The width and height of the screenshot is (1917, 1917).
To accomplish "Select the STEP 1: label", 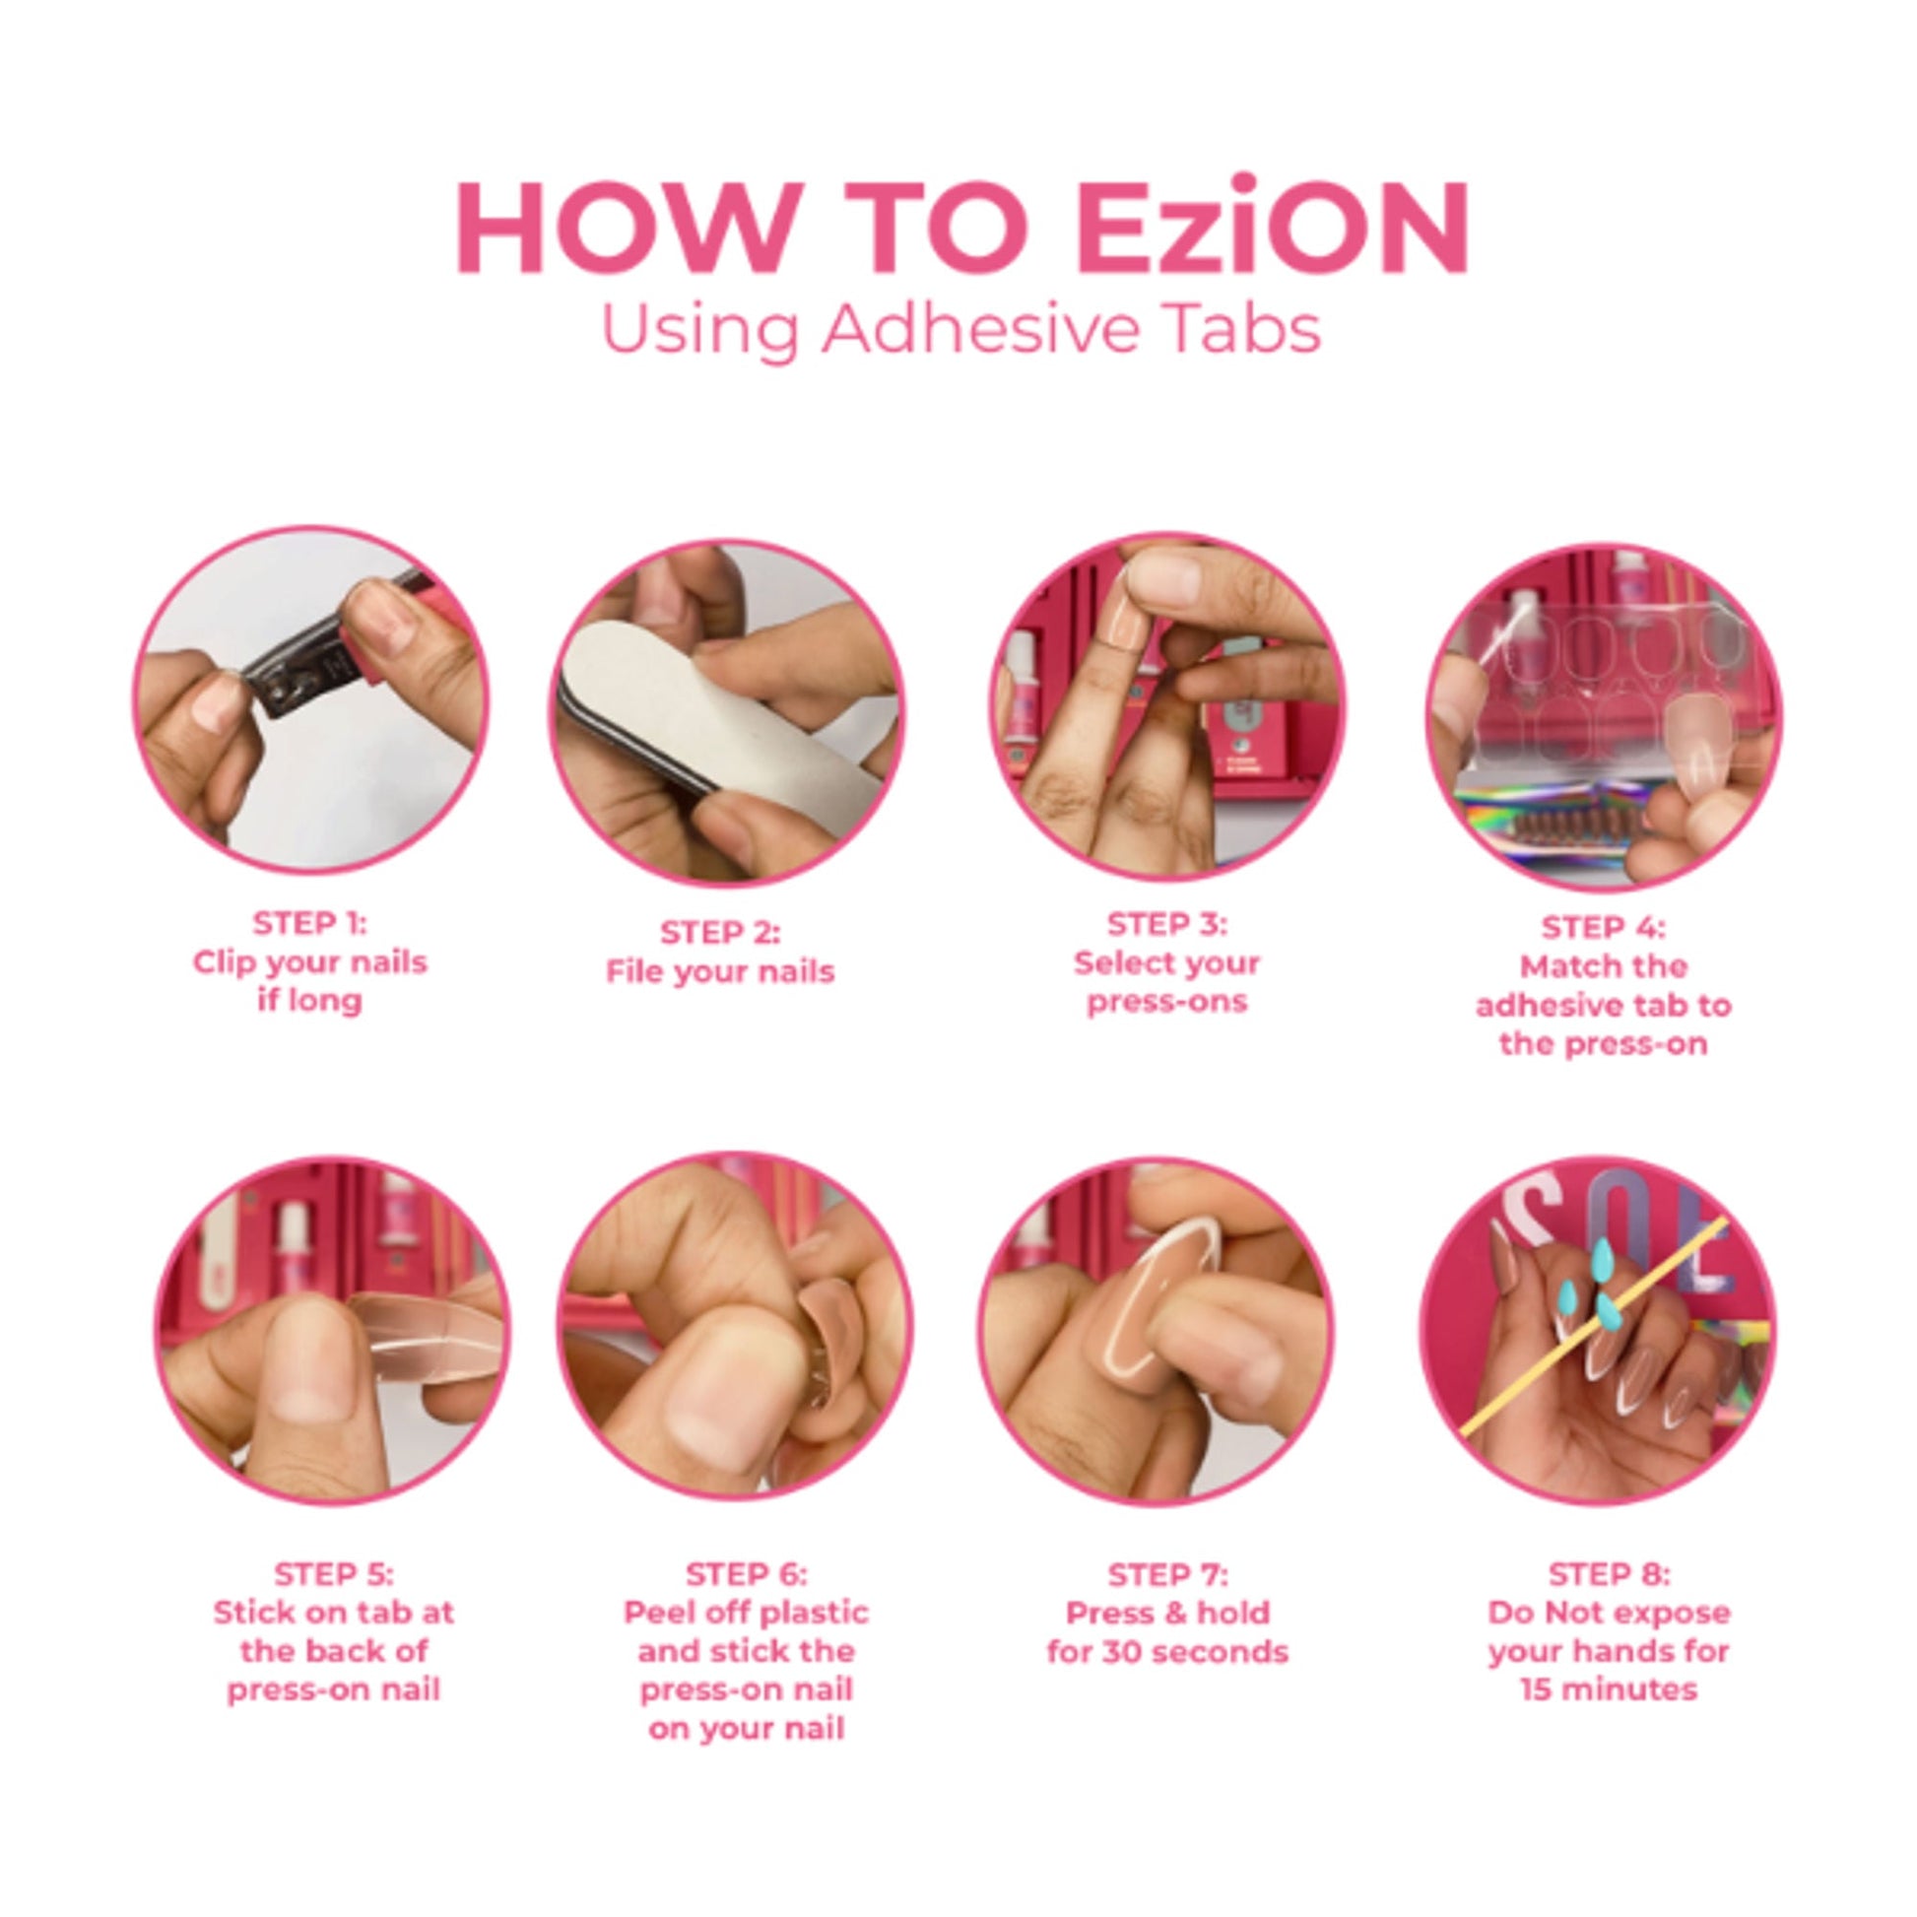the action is (x=309, y=924).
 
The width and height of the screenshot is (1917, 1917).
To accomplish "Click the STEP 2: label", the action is (x=720, y=933).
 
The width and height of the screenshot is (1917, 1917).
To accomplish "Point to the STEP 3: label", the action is (x=1167, y=924).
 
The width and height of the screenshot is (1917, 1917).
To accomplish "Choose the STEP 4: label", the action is (x=1604, y=927).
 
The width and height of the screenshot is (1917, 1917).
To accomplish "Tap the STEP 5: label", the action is (x=333, y=1573).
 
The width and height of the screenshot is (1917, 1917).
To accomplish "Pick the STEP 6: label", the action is (x=746, y=1573).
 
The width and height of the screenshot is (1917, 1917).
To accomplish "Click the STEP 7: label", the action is (x=1168, y=1573).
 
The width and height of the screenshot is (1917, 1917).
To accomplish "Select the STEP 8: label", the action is (x=1610, y=1573).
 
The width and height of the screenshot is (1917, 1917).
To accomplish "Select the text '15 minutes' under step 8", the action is (x=1610, y=1689).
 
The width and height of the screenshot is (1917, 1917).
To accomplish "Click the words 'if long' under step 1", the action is (x=309, y=999).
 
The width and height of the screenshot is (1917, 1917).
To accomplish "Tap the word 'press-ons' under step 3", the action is (x=1167, y=1001).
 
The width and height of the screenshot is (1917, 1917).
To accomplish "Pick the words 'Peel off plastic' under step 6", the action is (x=746, y=1613).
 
